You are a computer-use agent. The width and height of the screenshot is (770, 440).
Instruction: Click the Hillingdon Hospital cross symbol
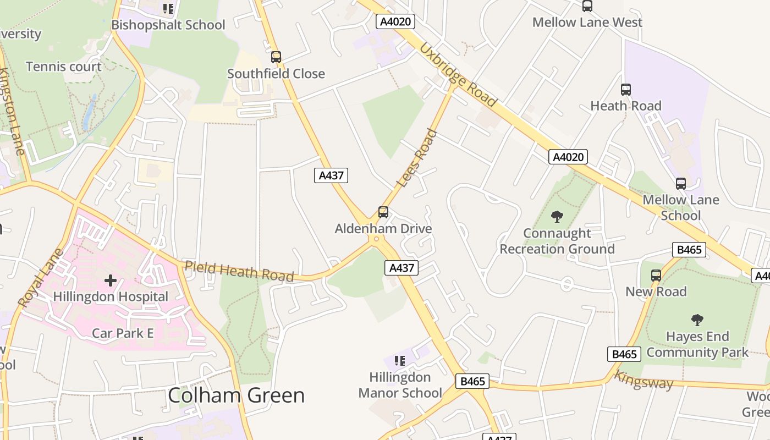111,280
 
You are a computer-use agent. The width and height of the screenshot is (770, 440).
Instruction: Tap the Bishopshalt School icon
168,9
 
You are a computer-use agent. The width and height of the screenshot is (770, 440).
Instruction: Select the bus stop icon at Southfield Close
276,57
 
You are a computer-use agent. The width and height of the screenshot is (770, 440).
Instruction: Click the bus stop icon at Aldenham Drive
383,212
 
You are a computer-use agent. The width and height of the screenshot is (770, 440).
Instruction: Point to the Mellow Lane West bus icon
587,6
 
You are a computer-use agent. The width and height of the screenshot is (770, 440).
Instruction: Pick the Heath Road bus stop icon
626,90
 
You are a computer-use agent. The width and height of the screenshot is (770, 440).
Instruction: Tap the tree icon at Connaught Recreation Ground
557,217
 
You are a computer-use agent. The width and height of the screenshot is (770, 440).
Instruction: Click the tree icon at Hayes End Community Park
697,320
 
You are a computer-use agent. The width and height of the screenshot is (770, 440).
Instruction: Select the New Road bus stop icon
656,276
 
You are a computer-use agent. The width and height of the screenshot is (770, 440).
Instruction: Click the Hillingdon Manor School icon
400,361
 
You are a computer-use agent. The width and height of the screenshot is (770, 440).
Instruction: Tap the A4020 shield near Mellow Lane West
395,22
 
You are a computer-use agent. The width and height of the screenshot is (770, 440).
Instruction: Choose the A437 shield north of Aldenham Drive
332,175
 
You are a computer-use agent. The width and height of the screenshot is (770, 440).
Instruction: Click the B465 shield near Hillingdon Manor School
472,381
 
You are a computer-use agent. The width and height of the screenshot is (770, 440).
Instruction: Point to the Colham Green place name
236,395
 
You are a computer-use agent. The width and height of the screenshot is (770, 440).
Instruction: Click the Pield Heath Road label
239,271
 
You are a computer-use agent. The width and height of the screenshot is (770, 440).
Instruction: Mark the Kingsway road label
643,381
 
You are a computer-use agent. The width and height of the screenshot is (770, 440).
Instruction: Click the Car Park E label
123,333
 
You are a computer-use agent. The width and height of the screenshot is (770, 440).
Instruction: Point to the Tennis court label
64,67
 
